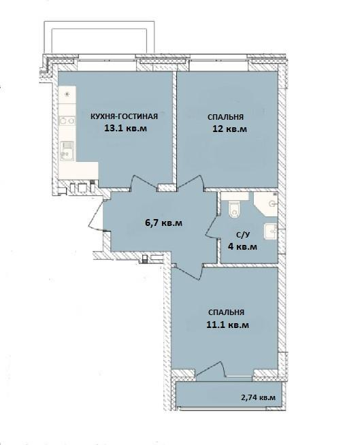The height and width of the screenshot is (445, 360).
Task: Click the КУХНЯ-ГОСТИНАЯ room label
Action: click(124, 116)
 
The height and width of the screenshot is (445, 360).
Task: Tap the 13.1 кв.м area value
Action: click(125, 129)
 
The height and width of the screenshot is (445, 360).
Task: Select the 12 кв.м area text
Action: click(230, 129)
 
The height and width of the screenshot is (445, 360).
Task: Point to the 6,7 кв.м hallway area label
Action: click(163, 222)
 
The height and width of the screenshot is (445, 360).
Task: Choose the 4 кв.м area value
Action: click(242, 246)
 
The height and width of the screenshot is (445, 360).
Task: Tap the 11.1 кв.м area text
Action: click(228, 325)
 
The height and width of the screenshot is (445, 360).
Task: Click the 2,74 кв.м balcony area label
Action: click(258, 397)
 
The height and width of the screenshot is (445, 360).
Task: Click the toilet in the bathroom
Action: click(235, 209)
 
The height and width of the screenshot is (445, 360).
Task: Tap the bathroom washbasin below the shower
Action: click(271, 231)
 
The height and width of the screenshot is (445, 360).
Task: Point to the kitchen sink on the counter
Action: click(67, 151)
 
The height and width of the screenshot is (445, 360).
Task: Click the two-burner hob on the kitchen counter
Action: click(67, 121)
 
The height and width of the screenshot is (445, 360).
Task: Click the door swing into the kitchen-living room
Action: click(144, 183)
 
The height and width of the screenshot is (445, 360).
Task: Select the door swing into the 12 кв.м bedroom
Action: click(191, 182)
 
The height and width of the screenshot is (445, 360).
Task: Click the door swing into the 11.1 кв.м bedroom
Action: click(189, 271)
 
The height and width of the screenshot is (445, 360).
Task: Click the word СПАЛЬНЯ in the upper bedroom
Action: click(225, 117)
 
